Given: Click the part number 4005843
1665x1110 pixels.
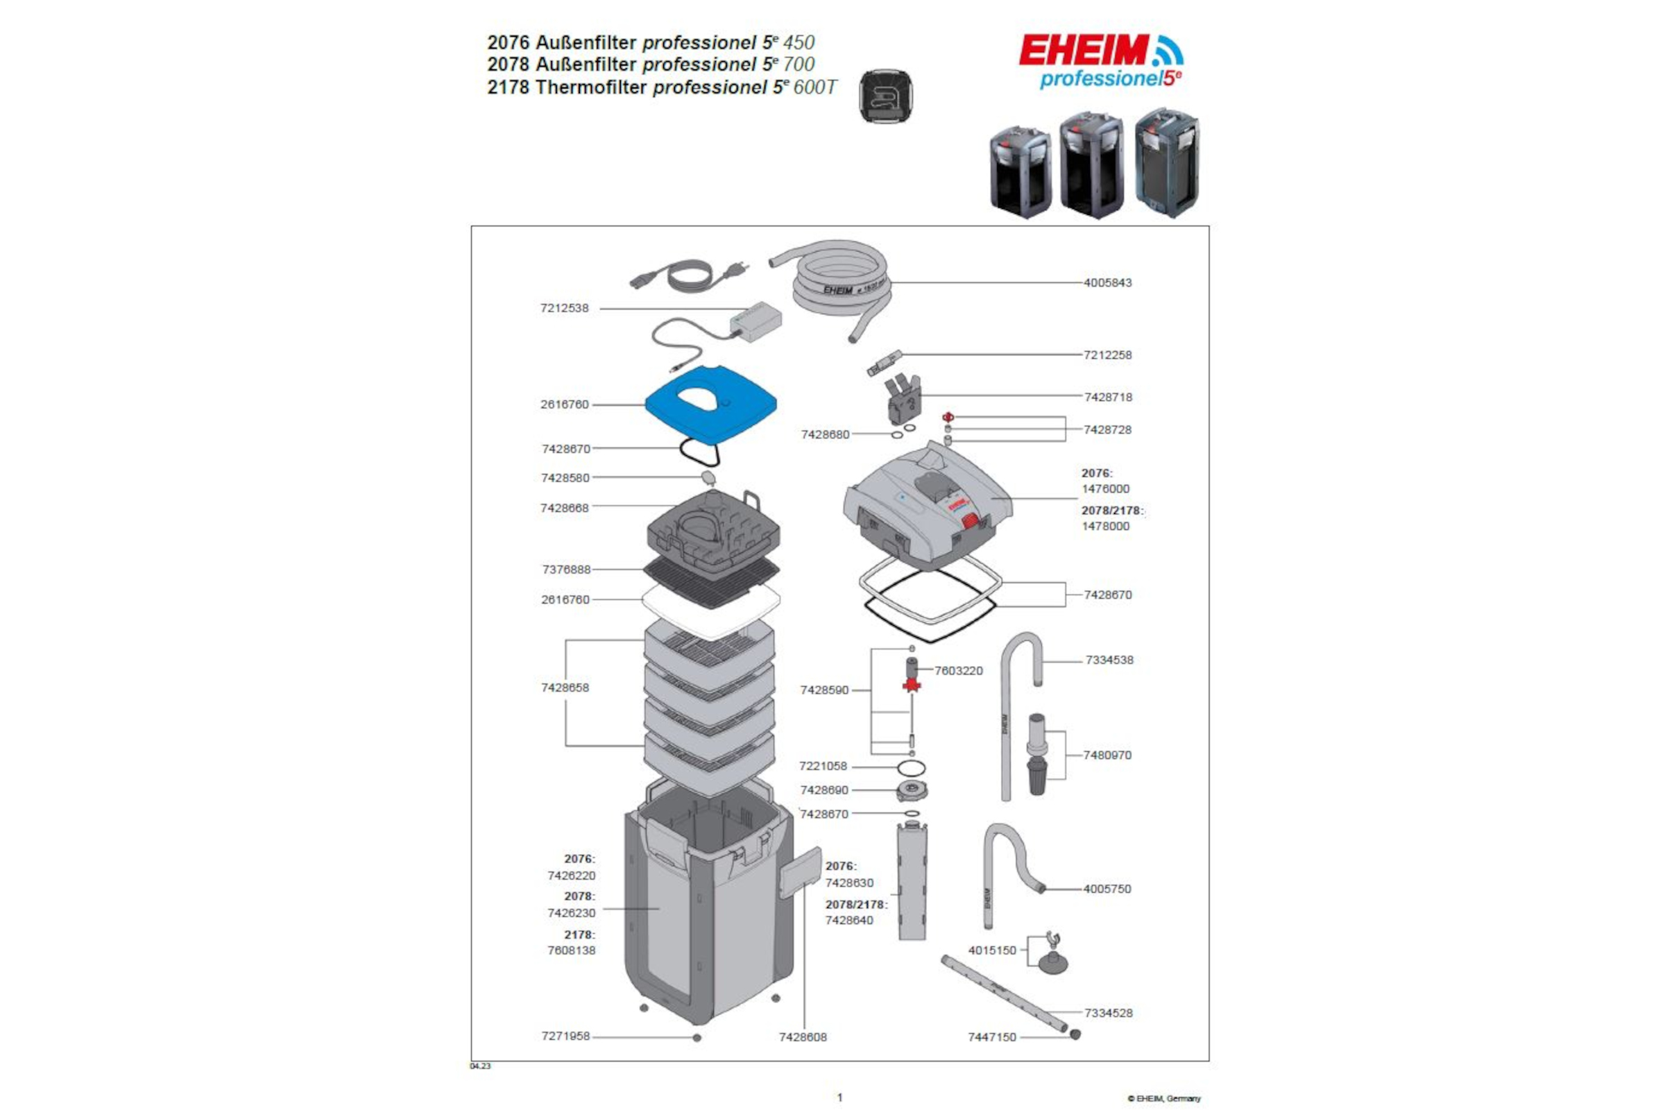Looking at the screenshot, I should [x=1107, y=282].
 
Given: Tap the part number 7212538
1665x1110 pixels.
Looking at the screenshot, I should [x=564, y=308].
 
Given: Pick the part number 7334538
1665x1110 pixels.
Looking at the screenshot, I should [x=1109, y=660].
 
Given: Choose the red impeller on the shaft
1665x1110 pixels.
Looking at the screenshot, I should [x=912, y=684].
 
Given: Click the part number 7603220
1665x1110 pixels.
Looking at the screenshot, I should [x=959, y=670].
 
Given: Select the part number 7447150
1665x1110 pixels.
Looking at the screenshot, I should [x=992, y=1037].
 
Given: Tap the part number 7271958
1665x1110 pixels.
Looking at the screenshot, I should [x=565, y=1036].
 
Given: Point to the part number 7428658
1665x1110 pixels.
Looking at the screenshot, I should [x=565, y=688].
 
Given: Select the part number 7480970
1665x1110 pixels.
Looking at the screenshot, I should [x=1107, y=755].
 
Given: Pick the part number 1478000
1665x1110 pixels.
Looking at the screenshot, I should [x=1105, y=526].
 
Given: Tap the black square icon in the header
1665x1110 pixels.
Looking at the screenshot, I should [x=886, y=96].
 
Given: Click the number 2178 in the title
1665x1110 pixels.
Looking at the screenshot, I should [x=509, y=87].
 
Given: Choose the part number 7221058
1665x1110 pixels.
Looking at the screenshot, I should [x=823, y=766].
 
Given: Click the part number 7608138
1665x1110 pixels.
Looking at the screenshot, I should [x=571, y=950].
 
